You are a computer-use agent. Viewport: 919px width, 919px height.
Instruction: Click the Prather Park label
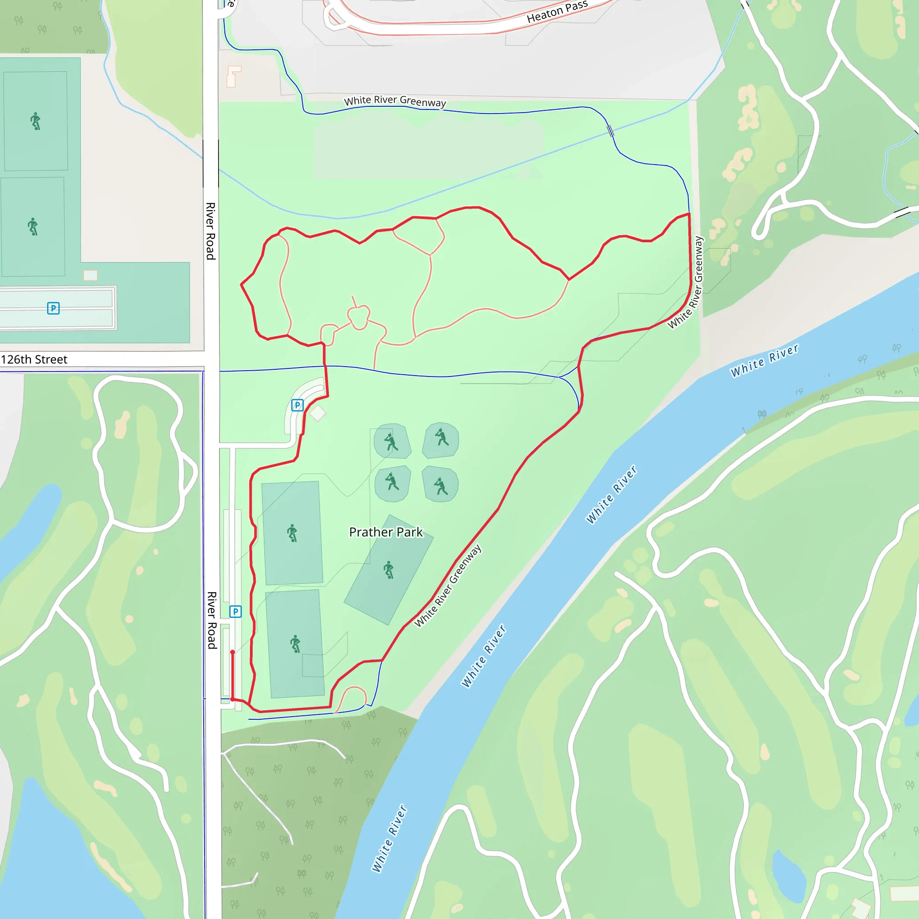386,532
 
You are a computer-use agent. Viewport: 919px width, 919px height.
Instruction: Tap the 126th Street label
34,359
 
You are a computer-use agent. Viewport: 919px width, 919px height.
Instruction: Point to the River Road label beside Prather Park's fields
212,620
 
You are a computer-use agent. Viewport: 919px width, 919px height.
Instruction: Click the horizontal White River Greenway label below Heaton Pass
395,101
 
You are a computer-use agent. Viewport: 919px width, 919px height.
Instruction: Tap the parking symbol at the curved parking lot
298,405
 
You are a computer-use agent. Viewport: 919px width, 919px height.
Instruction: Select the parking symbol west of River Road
53,308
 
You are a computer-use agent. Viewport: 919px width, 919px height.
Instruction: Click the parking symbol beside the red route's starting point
236,611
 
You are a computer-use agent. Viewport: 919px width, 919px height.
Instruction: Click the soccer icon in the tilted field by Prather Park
389,569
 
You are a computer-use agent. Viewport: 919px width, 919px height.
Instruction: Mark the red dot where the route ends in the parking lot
232,652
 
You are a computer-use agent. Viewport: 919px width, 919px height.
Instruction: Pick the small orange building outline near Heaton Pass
233,76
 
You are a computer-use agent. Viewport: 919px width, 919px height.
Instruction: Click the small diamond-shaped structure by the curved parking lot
318,413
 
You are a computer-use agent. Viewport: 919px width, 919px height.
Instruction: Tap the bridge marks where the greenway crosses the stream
611,130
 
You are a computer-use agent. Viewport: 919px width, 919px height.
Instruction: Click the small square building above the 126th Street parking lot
90,275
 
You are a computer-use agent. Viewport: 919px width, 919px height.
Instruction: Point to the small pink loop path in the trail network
359,317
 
